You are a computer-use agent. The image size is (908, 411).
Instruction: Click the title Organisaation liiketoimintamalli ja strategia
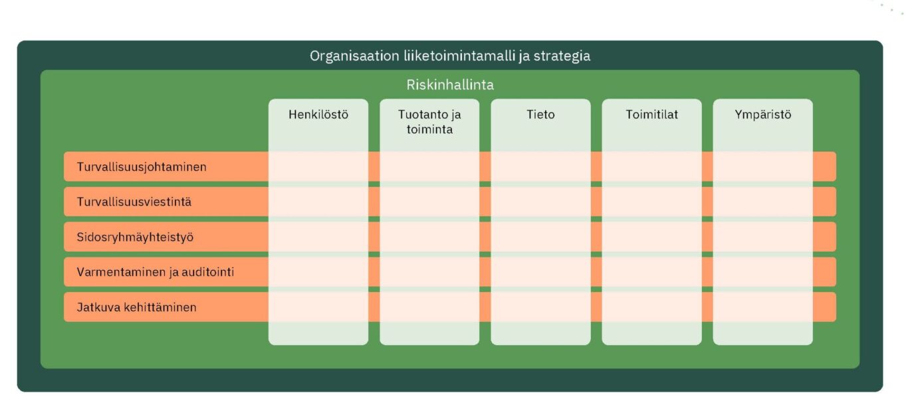[x=449, y=56]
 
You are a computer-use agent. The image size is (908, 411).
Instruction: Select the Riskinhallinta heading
[x=450, y=85]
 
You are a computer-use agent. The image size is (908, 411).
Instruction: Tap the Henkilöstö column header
[x=318, y=114]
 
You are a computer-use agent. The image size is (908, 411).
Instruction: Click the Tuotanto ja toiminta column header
[x=429, y=122]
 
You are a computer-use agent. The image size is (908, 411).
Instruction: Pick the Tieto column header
[x=540, y=114]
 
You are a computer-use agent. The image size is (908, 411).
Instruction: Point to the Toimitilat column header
[x=651, y=114]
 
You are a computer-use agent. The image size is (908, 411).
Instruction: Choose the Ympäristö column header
[x=762, y=114]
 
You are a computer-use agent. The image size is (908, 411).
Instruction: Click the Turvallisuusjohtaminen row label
[x=142, y=167]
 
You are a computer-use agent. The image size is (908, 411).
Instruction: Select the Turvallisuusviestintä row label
[x=134, y=202]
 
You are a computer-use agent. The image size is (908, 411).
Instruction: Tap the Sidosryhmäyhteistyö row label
[x=135, y=237]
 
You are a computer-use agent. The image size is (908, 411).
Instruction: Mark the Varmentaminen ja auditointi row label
[x=156, y=272]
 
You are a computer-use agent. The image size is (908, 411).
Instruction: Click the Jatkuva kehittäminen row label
[x=136, y=307]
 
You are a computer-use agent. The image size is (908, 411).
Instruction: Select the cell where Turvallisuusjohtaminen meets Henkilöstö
[x=318, y=167]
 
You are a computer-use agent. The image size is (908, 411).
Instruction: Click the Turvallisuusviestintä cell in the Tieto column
[x=540, y=202]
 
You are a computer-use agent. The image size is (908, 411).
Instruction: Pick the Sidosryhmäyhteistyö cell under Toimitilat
[x=651, y=237]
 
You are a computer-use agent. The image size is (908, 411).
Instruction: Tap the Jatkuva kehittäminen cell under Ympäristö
[x=762, y=307]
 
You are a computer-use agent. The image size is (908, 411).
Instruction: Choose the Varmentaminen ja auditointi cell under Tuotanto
[x=429, y=272]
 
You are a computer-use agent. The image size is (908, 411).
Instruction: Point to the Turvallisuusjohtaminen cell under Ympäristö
[x=762, y=167]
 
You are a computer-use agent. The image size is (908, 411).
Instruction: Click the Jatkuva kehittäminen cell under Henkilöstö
[x=318, y=307]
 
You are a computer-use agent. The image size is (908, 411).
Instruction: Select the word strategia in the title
[x=562, y=57]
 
